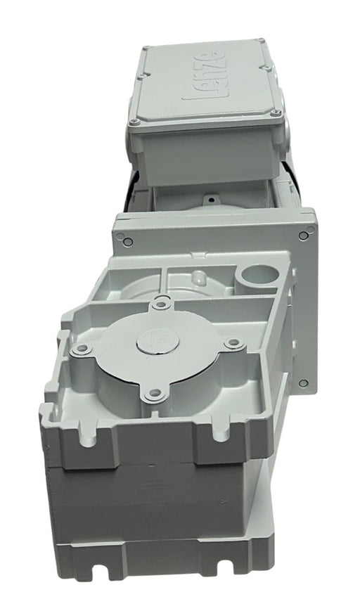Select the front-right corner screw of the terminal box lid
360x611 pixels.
[x=276, y=112]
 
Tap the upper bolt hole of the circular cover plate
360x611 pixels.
[x=164, y=303]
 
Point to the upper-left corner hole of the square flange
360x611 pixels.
[x=127, y=241]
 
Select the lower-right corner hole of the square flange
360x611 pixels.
[x=303, y=382]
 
